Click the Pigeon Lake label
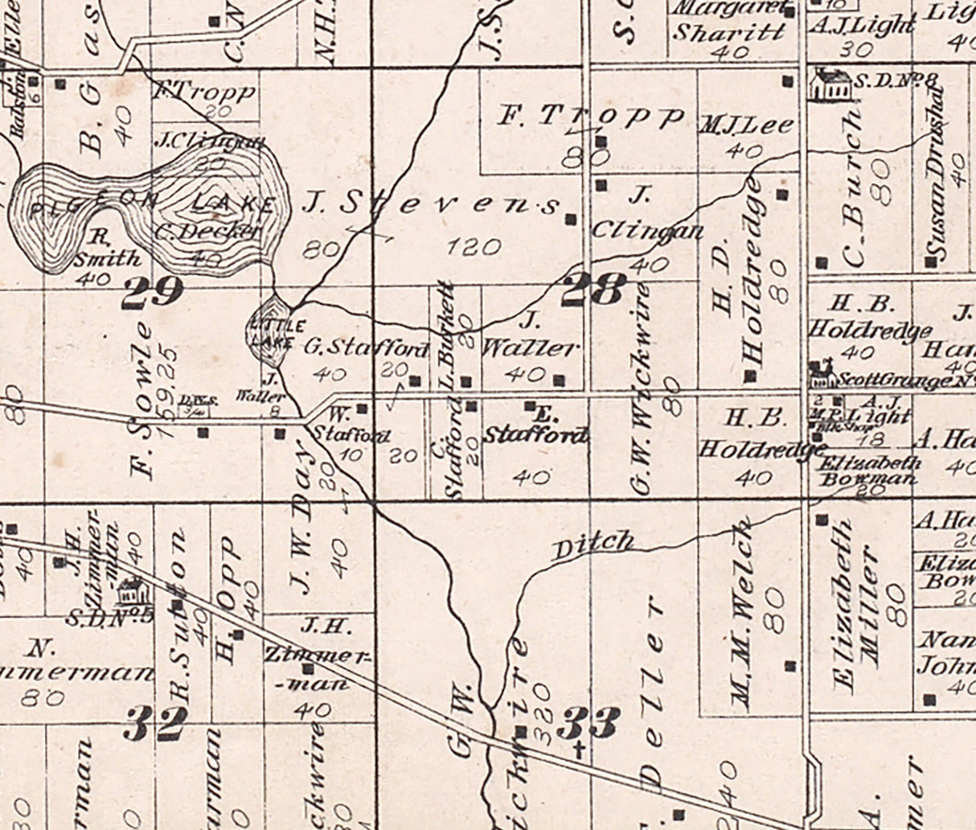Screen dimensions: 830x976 tap(153, 206)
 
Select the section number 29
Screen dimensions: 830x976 tap(153, 292)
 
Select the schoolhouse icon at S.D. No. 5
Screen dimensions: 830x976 tap(128, 594)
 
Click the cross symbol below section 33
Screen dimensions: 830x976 tap(579, 752)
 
